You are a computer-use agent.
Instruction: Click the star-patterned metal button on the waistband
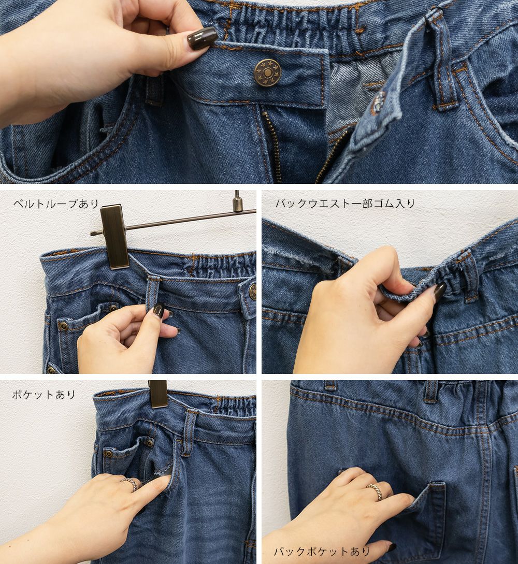coord(267,73)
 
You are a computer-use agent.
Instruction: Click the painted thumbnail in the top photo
coord(202,38)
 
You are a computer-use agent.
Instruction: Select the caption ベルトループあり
coord(56,204)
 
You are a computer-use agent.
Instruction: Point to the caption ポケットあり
coord(44,395)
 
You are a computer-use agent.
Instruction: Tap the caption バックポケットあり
coord(322,552)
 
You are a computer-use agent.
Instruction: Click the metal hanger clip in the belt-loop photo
coord(114,236)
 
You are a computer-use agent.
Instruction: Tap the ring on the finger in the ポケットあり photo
coord(130,483)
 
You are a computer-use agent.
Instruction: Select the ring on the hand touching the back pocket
coord(376,491)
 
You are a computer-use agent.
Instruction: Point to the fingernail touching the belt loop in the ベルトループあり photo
coord(159,309)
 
